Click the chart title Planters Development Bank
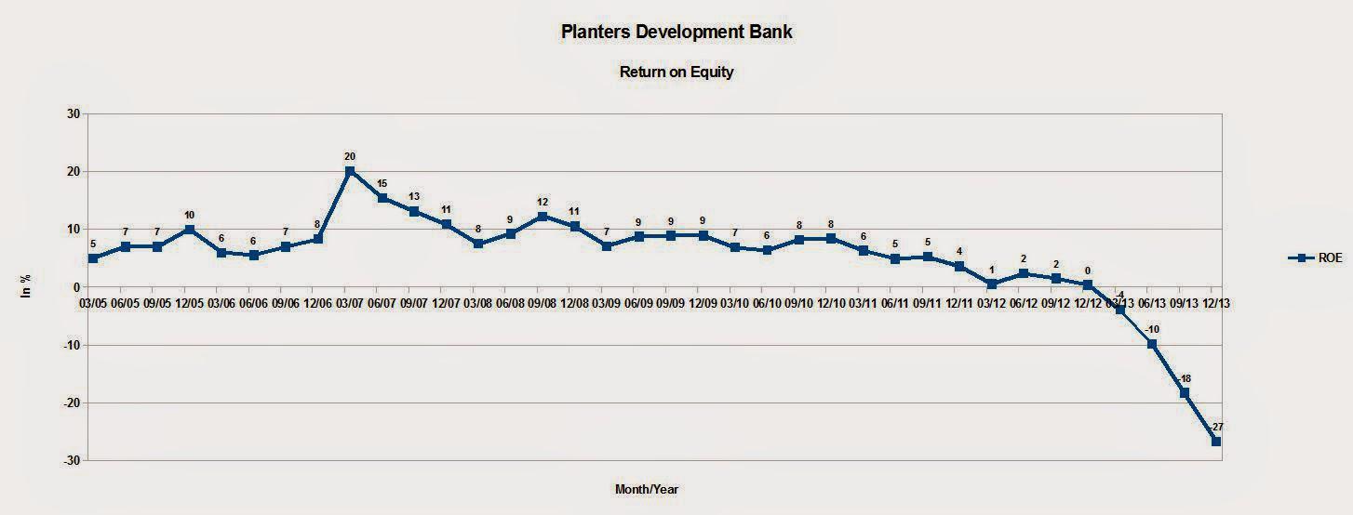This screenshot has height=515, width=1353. point(676,32)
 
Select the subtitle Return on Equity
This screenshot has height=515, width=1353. point(676,72)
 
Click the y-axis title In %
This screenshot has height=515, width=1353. point(26,288)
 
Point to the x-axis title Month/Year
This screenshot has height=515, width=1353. point(652,489)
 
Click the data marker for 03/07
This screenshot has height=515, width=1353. point(350,171)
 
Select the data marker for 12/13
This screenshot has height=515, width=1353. point(1216,442)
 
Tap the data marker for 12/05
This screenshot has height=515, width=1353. point(189,229)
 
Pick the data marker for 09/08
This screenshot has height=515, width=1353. point(543,217)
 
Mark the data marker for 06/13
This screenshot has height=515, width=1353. point(1152,344)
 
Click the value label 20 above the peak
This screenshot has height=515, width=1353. point(350,156)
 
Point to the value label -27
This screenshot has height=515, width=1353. point(1217,427)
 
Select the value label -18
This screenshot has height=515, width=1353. point(1185,378)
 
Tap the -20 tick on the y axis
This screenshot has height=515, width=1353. point(69,403)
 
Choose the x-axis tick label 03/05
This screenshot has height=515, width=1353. point(93,302)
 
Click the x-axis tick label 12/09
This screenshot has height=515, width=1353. point(703,302)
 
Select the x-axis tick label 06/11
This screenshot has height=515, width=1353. point(895,302)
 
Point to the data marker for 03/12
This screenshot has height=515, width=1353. point(992,284)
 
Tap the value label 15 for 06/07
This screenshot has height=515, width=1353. point(382,183)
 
